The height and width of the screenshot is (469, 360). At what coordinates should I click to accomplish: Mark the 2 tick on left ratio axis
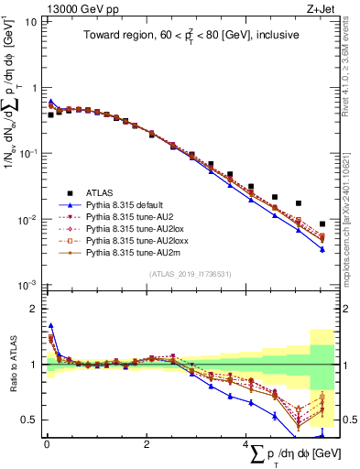pos(35,309)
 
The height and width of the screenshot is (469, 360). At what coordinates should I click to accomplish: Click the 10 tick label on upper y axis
pos(31,20)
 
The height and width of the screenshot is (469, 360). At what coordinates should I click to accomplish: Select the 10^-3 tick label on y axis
pos(27,286)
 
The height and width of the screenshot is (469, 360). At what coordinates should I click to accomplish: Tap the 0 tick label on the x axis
pos(47,445)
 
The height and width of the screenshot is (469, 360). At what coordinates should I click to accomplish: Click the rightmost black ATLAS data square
pos(322,224)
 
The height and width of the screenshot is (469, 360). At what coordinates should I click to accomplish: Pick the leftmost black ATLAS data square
pos(51,115)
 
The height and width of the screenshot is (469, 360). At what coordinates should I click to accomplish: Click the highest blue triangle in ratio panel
pos(51,325)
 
